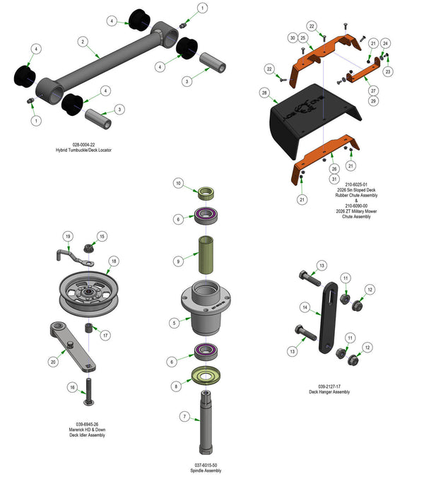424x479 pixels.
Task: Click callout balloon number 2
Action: (x=83, y=42)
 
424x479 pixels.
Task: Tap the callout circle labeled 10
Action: (x=179, y=184)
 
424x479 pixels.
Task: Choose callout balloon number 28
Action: (x=264, y=93)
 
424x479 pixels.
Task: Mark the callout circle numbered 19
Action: (x=69, y=235)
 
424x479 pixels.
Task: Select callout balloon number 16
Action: (x=72, y=387)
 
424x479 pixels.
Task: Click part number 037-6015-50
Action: (x=208, y=464)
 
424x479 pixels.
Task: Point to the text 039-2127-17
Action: (x=329, y=386)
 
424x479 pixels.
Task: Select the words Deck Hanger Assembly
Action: (x=329, y=392)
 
